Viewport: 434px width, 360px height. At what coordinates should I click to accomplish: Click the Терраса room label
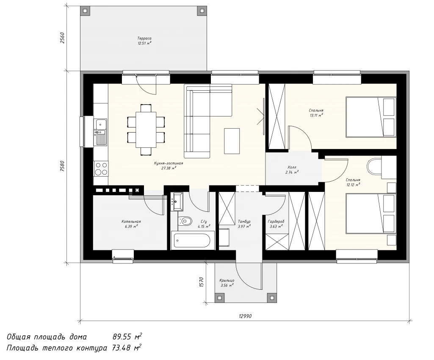click(x=144, y=39)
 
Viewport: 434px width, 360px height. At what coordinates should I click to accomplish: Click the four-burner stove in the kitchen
click(x=101, y=169)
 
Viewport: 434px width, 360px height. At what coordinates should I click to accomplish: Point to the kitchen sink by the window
click(x=101, y=132)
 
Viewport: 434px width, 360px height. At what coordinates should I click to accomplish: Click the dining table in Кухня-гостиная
click(x=146, y=130)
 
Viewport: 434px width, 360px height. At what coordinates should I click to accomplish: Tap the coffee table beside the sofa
click(x=232, y=141)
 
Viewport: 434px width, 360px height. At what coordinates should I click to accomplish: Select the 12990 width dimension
click(x=245, y=316)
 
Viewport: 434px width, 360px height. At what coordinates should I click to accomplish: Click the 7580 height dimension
click(x=62, y=166)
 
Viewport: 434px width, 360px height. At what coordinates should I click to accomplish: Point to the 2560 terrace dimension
click(x=62, y=38)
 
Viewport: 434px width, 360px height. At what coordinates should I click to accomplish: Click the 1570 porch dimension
click(x=202, y=282)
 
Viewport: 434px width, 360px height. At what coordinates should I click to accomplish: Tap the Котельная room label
click(x=131, y=222)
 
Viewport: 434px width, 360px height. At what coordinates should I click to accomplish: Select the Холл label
click(x=292, y=168)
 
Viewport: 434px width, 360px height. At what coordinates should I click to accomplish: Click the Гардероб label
click(x=276, y=222)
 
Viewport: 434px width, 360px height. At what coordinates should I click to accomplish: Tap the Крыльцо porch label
click(x=227, y=280)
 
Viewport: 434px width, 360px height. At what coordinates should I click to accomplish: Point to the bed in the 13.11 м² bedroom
click(x=371, y=116)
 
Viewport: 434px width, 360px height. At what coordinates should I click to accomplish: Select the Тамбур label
click(x=244, y=222)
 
